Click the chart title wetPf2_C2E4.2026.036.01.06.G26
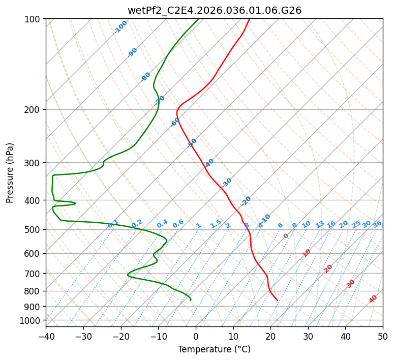pos(214,10)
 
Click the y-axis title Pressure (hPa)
pos(10,172)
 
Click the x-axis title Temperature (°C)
pos(214,349)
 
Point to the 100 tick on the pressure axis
pos(35,19)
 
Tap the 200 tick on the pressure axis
pos(35,109)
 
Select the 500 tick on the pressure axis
pos(35,229)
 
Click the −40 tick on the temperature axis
pos(46,336)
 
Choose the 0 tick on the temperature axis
pos(196,336)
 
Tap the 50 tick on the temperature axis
pos(383,336)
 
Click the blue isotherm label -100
pos(120,27)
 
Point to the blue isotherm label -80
pos(146,77)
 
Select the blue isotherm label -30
pos(227,182)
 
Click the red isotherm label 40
pos(373,299)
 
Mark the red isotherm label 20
pos(328,268)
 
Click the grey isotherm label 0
pos(286,236)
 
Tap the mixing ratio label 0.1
pos(113,224)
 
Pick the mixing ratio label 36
pos(377,224)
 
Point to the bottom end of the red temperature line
pos(277,300)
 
